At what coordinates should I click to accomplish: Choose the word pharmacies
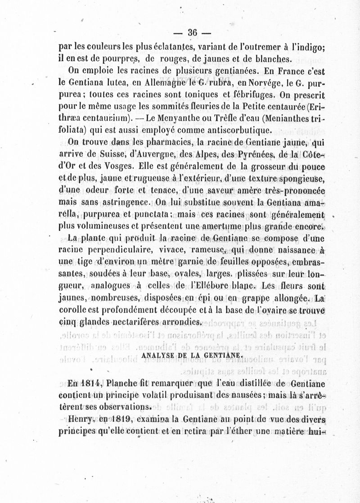pos(148,144)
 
